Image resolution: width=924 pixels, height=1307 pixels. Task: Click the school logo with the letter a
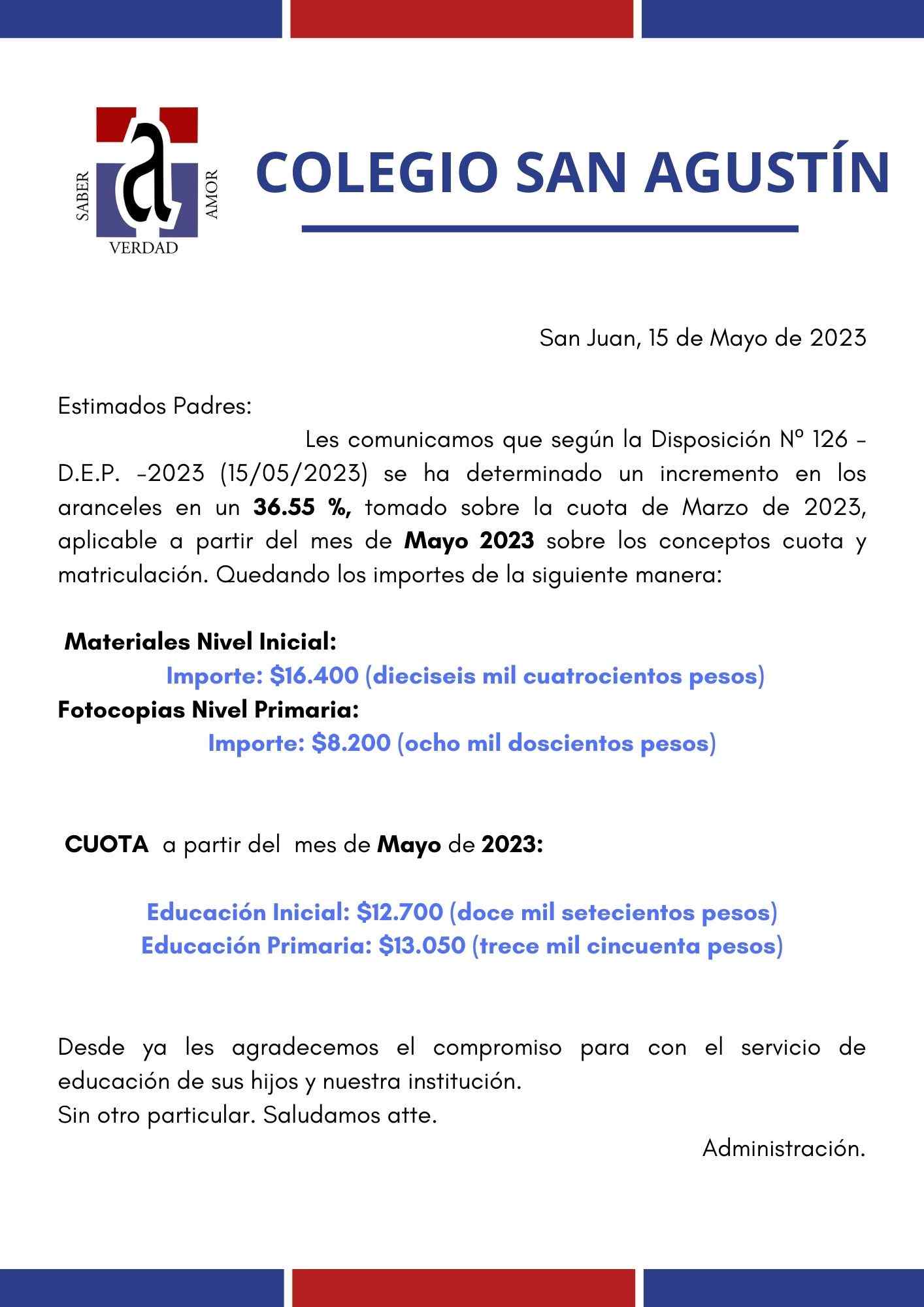tap(147, 173)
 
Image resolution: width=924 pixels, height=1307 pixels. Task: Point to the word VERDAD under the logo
tap(144, 249)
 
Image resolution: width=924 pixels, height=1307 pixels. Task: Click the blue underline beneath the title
tap(550, 229)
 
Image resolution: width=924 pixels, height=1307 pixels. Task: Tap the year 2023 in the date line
tap(838, 338)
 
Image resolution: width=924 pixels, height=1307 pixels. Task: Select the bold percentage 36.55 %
tap(303, 508)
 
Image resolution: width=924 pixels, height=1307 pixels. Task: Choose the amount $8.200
tap(352, 743)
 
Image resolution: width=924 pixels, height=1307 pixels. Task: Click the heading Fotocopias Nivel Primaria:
tap(208, 709)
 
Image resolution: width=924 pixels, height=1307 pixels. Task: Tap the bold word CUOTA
tap(107, 845)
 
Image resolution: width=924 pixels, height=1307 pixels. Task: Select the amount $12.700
tap(400, 912)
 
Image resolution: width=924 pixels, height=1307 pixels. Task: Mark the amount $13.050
tap(422, 946)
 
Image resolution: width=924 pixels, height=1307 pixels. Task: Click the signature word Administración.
tap(784, 1148)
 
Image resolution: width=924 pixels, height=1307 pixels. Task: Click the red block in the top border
tap(462, 18)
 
